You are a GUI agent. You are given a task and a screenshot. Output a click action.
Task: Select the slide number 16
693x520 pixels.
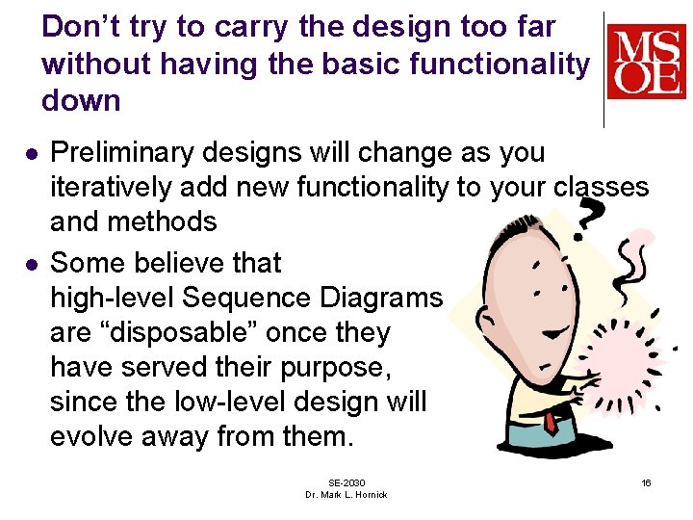pyautogui.click(x=646, y=481)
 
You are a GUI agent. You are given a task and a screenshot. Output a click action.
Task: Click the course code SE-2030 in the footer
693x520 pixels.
pyautogui.click(x=346, y=481)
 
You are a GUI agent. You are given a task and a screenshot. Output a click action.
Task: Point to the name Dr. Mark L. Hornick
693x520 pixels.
pyautogui.click(x=346, y=494)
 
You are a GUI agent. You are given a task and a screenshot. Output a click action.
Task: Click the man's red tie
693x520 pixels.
pyautogui.click(x=550, y=422)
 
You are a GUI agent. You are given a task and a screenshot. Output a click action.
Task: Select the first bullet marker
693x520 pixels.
pyautogui.click(x=31, y=154)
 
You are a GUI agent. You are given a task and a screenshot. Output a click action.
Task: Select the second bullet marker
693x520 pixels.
pyautogui.click(x=31, y=264)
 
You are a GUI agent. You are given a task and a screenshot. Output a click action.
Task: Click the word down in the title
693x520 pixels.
pyautogui.click(x=81, y=100)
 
